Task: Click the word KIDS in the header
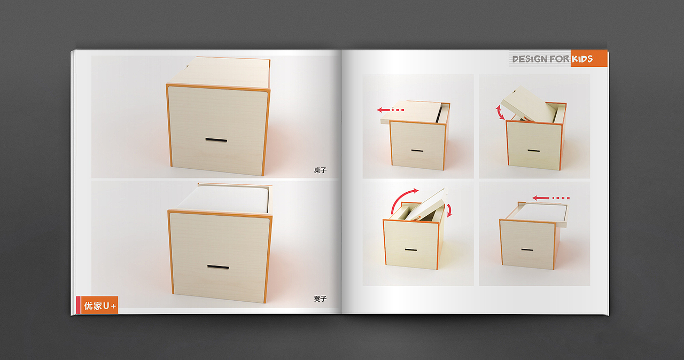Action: (x=582, y=59)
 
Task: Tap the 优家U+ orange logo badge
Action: (x=99, y=305)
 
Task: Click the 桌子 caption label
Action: (x=320, y=170)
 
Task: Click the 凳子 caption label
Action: (x=320, y=299)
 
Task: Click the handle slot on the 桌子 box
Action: (x=216, y=140)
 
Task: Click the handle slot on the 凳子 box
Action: (x=218, y=267)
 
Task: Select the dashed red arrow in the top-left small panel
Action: (x=391, y=110)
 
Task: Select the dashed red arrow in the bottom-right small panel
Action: (x=551, y=198)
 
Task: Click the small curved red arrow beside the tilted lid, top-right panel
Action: (x=499, y=113)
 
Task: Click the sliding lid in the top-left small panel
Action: (x=411, y=112)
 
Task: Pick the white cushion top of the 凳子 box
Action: (x=224, y=199)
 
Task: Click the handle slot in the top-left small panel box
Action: (x=417, y=151)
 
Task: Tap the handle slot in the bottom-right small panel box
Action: (x=527, y=249)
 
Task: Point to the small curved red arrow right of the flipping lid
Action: (x=449, y=210)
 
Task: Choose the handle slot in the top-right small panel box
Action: (x=534, y=151)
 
